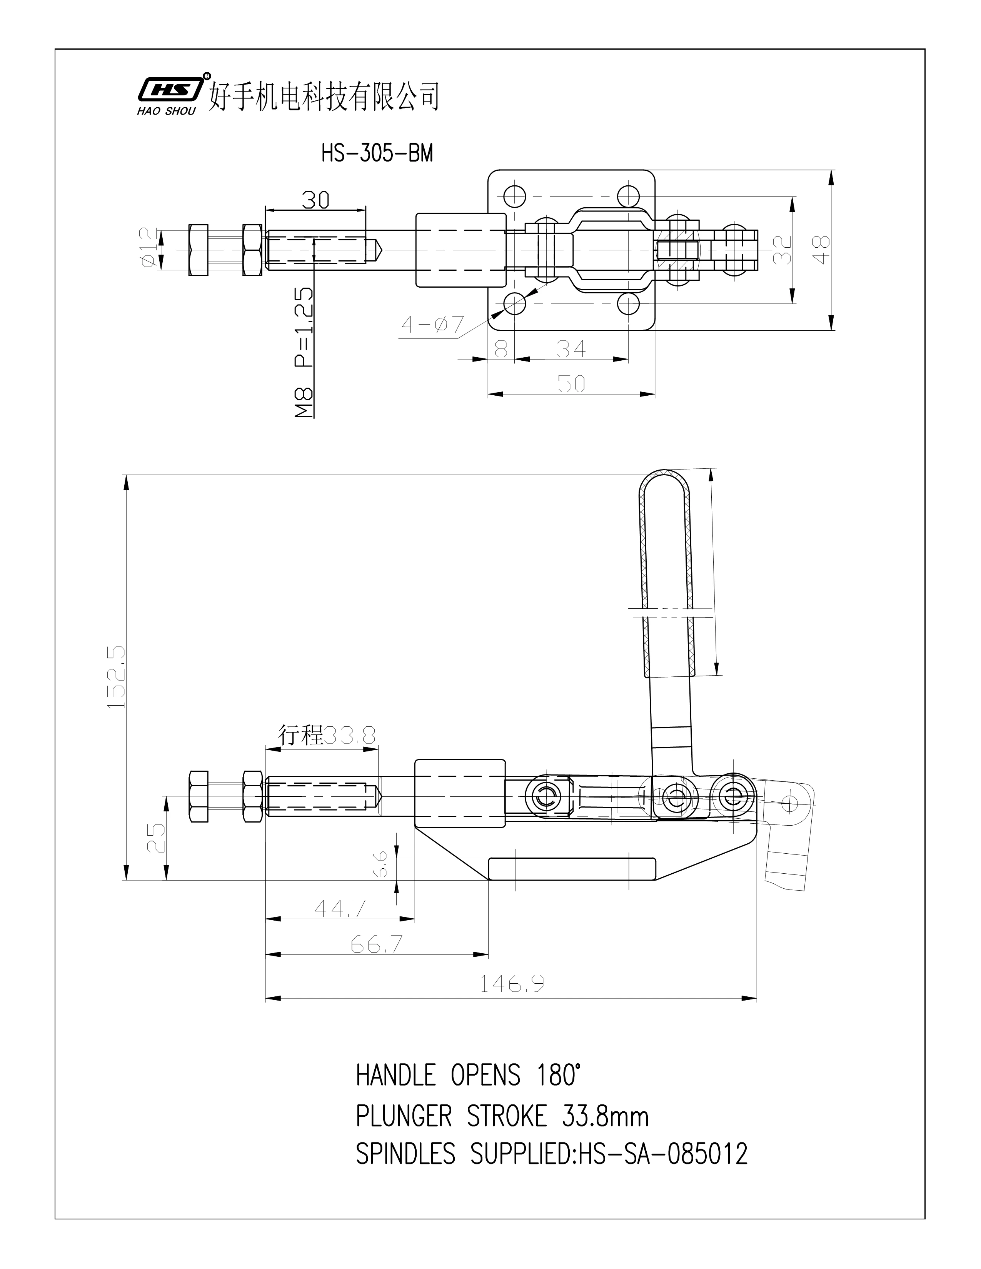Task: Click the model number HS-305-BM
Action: pos(377,154)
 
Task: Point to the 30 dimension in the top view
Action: pos(315,200)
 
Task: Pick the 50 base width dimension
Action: pos(571,383)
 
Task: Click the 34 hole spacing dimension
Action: pos(571,349)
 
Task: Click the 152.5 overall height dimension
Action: pos(116,676)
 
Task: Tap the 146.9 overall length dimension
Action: pos(511,984)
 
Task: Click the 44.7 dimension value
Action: pos(340,908)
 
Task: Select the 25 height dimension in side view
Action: pos(156,838)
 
